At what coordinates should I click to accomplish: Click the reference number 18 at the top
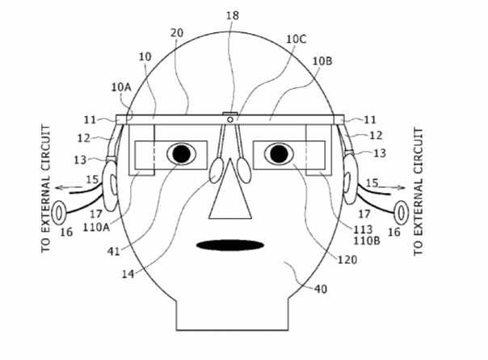232,15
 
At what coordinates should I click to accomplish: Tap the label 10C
296,40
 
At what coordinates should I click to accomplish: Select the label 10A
121,87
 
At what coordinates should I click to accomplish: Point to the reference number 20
177,32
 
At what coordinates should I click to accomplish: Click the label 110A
96,228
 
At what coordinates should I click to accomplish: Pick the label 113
363,230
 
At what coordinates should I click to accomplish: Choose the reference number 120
347,259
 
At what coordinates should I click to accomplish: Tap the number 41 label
113,251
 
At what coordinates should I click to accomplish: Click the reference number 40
321,289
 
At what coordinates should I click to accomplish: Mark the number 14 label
128,274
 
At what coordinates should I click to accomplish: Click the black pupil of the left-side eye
182,153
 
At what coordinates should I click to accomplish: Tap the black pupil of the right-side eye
279,153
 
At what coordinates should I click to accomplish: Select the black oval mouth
230,245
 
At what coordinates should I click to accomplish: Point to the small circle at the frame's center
230,119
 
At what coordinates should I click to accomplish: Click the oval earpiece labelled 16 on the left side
58,212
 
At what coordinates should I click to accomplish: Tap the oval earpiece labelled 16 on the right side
402,212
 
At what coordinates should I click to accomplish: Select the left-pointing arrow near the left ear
69,187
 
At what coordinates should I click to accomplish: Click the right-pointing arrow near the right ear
392,187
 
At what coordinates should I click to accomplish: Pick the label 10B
322,61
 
